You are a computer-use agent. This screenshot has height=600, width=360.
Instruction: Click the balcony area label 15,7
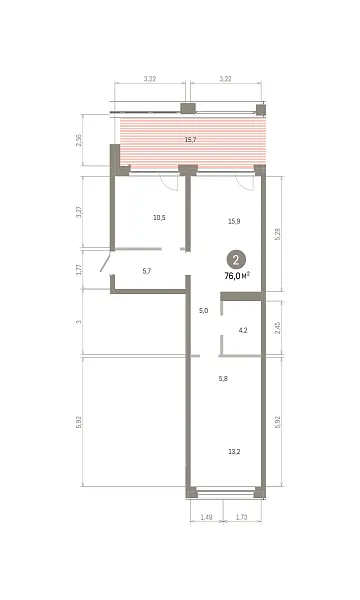coord(190,140)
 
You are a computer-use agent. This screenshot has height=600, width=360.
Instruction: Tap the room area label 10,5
coord(159,218)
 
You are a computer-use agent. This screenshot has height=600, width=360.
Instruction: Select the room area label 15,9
coord(234,221)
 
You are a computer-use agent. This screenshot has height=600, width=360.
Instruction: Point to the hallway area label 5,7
coord(147,271)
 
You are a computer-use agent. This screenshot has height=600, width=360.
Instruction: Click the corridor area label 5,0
coord(204,311)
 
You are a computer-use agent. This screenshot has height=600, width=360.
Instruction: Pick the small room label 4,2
coord(243,330)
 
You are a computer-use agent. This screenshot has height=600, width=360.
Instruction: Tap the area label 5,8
coord(223,378)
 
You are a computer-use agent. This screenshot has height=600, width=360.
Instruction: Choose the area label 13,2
coord(234,452)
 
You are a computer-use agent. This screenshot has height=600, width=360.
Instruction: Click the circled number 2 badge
coord(236,260)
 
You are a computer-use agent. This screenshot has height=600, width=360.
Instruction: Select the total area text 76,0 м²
coord(237,276)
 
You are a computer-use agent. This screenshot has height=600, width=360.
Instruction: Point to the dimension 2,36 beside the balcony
coord(79,140)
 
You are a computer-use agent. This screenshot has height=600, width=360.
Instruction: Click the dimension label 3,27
coord(79,212)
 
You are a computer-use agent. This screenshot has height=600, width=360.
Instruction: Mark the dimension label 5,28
coord(278,234)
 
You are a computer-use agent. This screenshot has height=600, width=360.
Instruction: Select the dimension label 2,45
coord(278,328)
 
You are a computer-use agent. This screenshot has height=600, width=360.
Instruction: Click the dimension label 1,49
coord(206,517)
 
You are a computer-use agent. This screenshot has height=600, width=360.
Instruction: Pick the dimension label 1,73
coord(241,517)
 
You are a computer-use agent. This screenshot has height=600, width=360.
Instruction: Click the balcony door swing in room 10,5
coord(170,183)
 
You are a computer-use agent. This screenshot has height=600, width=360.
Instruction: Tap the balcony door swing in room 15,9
coord(246,182)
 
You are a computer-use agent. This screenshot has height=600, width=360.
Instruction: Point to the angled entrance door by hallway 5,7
coord(106,261)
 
